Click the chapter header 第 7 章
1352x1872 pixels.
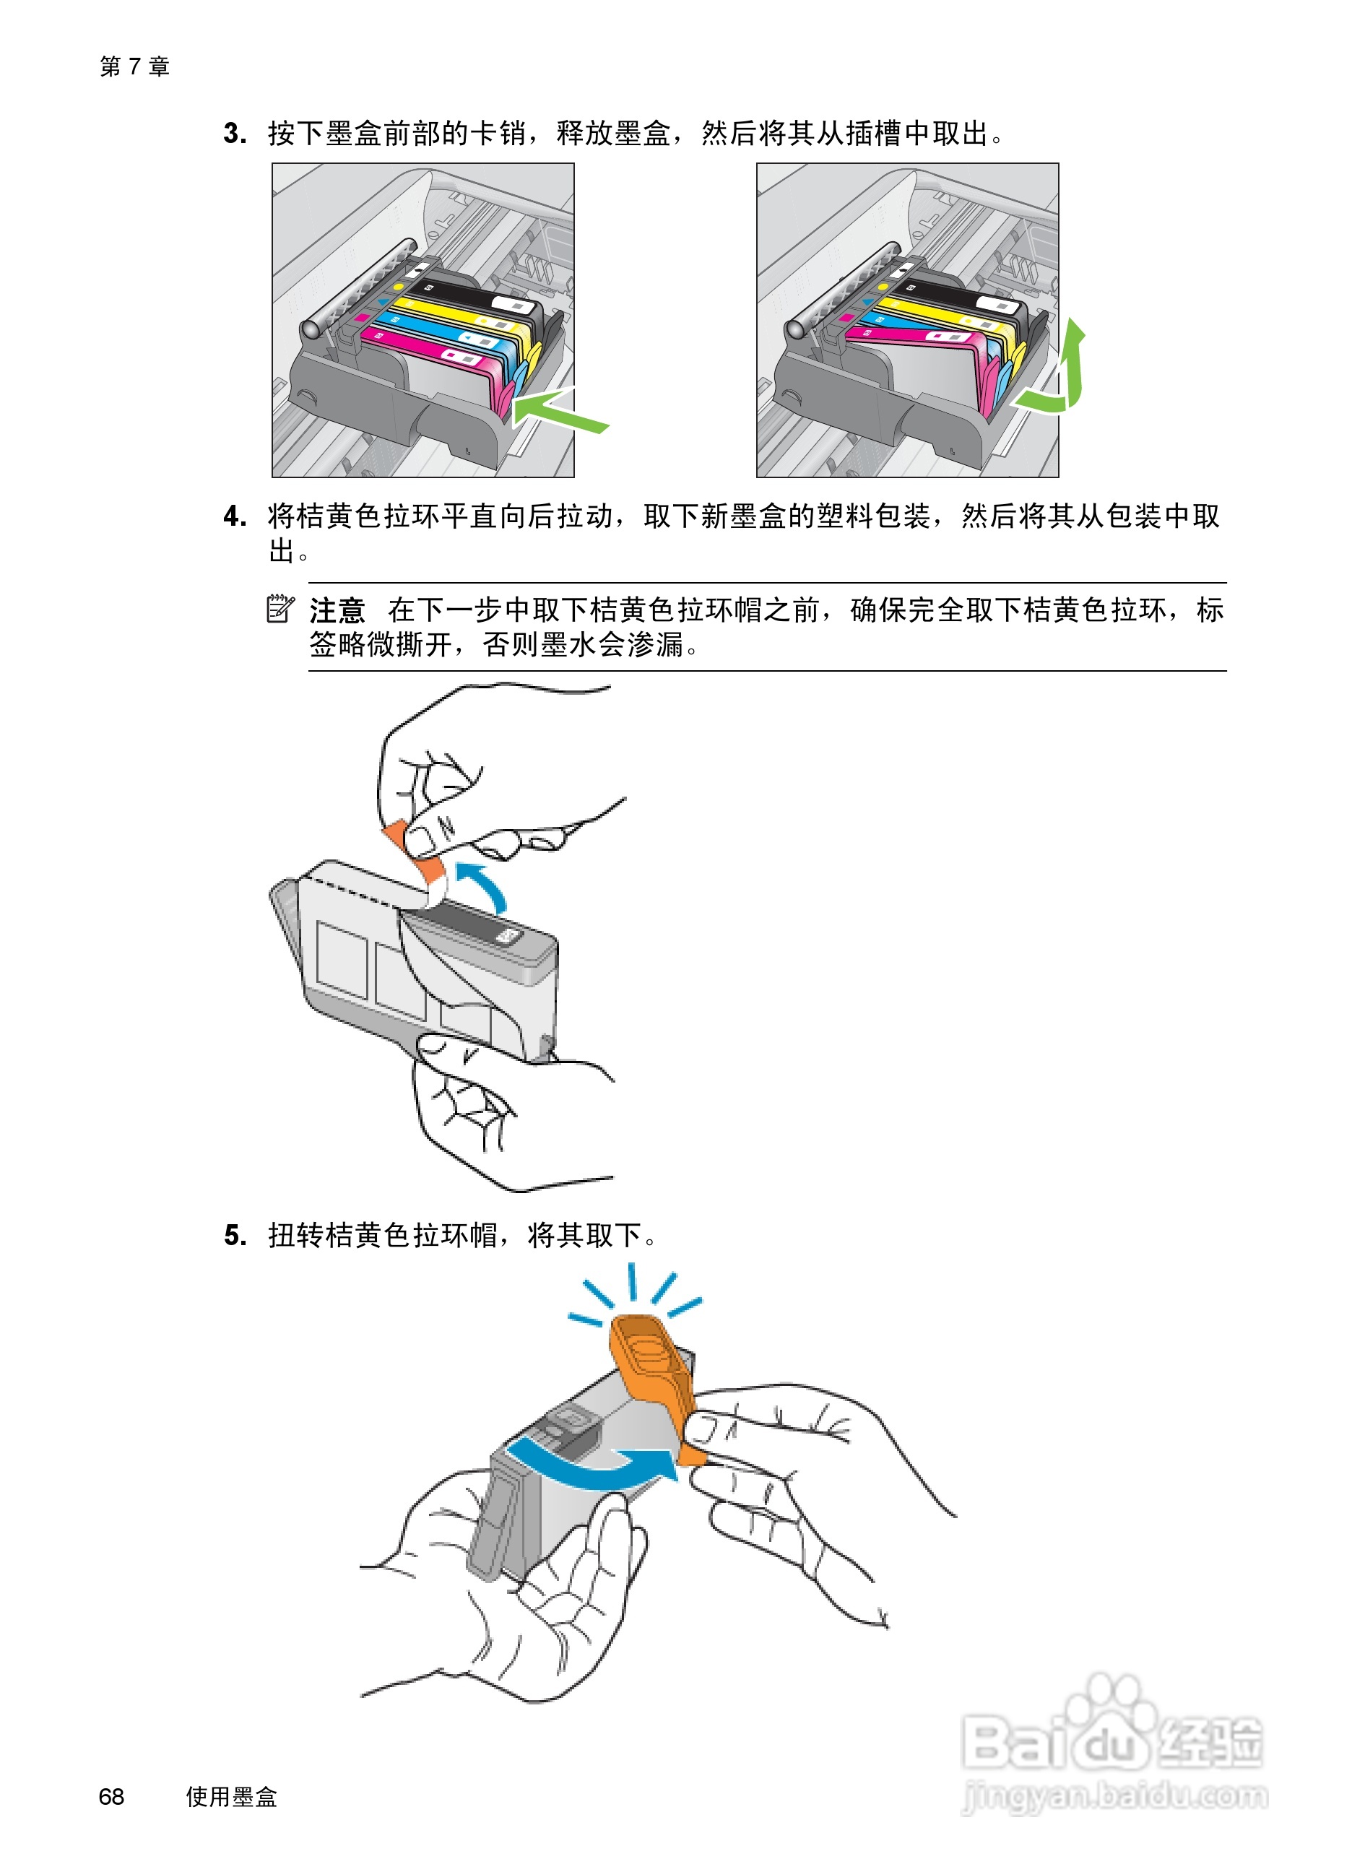[134, 66]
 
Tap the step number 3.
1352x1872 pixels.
[235, 133]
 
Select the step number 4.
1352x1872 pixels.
[235, 516]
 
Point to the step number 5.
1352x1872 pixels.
[235, 1235]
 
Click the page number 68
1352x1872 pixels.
[111, 1796]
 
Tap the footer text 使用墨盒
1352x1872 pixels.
[231, 1796]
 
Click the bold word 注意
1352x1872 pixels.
[337, 610]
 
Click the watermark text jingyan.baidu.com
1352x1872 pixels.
[1115, 1795]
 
